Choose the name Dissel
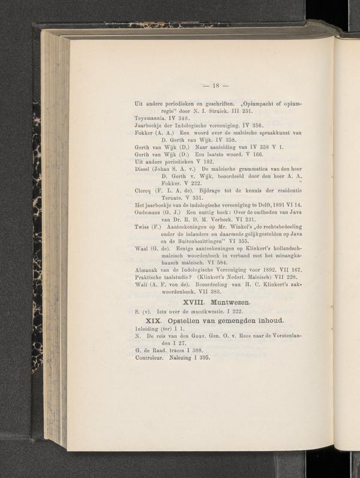click(x=145, y=168)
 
